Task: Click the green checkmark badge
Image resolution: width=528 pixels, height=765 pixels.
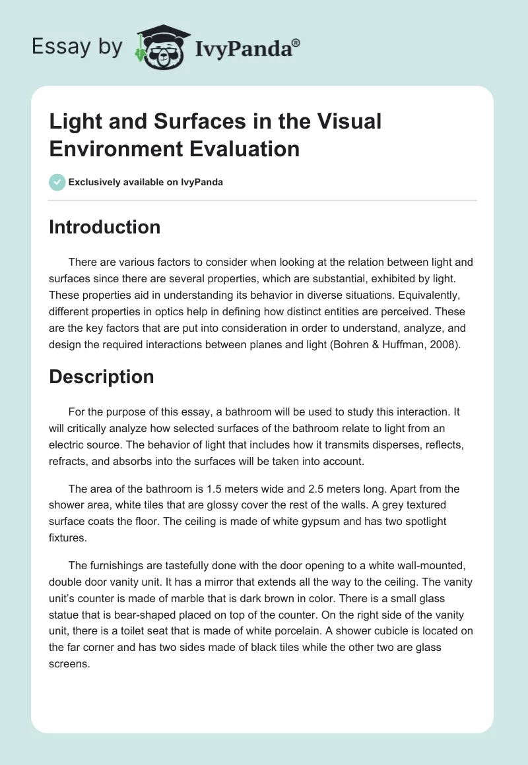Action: pos(57,182)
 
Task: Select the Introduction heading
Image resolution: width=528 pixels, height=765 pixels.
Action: pos(105,227)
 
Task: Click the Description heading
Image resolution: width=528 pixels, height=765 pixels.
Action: pos(102,377)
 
